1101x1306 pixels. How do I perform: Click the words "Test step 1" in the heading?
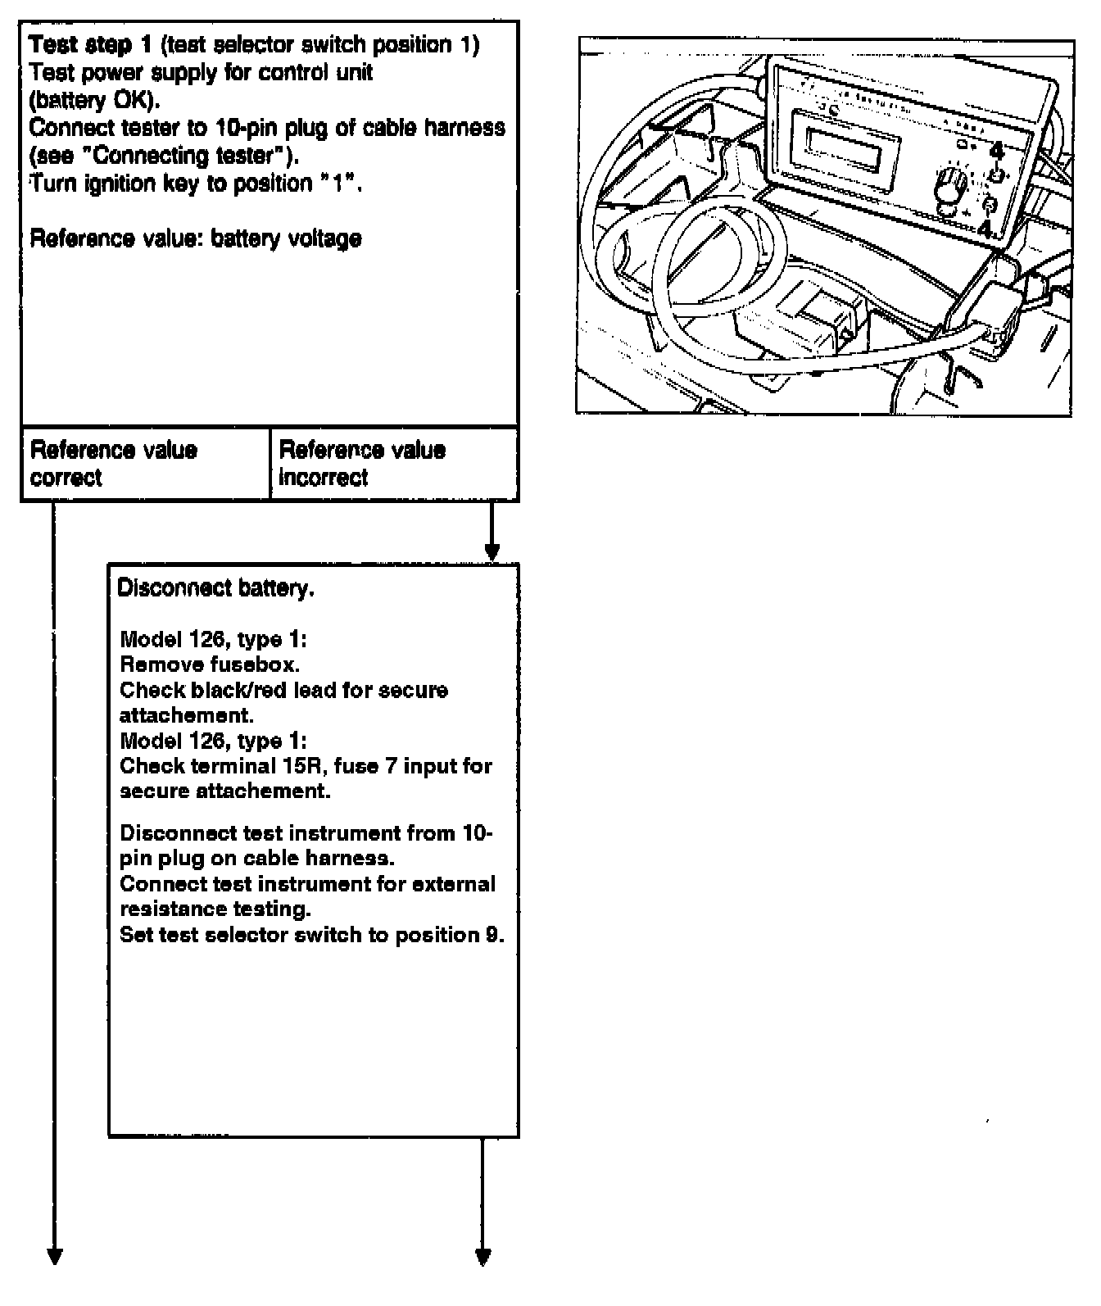pyautogui.click(x=90, y=44)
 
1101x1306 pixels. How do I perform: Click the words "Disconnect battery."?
pyautogui.click(x=215, y=588)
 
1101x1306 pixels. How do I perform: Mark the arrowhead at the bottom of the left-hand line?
pyautogui.click(x=54, y=1256)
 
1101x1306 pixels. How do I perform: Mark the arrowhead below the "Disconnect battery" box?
pyautogui.click(x=483, y=1256)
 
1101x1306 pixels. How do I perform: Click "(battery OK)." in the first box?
pyautogui.click(x=94, y=101)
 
